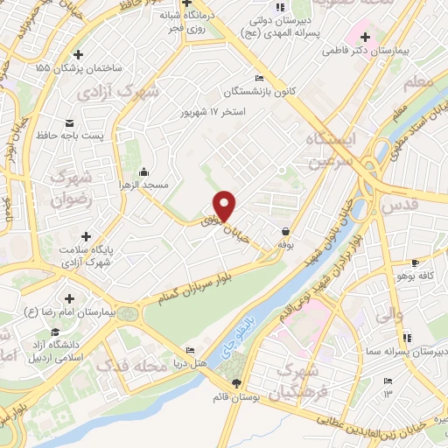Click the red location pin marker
225,205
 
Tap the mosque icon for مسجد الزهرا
143,171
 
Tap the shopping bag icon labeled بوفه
286,232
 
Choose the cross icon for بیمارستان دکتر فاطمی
365,37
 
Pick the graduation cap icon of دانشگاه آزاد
55,332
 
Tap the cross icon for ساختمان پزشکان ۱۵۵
79,53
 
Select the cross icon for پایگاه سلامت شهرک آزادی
86,235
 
